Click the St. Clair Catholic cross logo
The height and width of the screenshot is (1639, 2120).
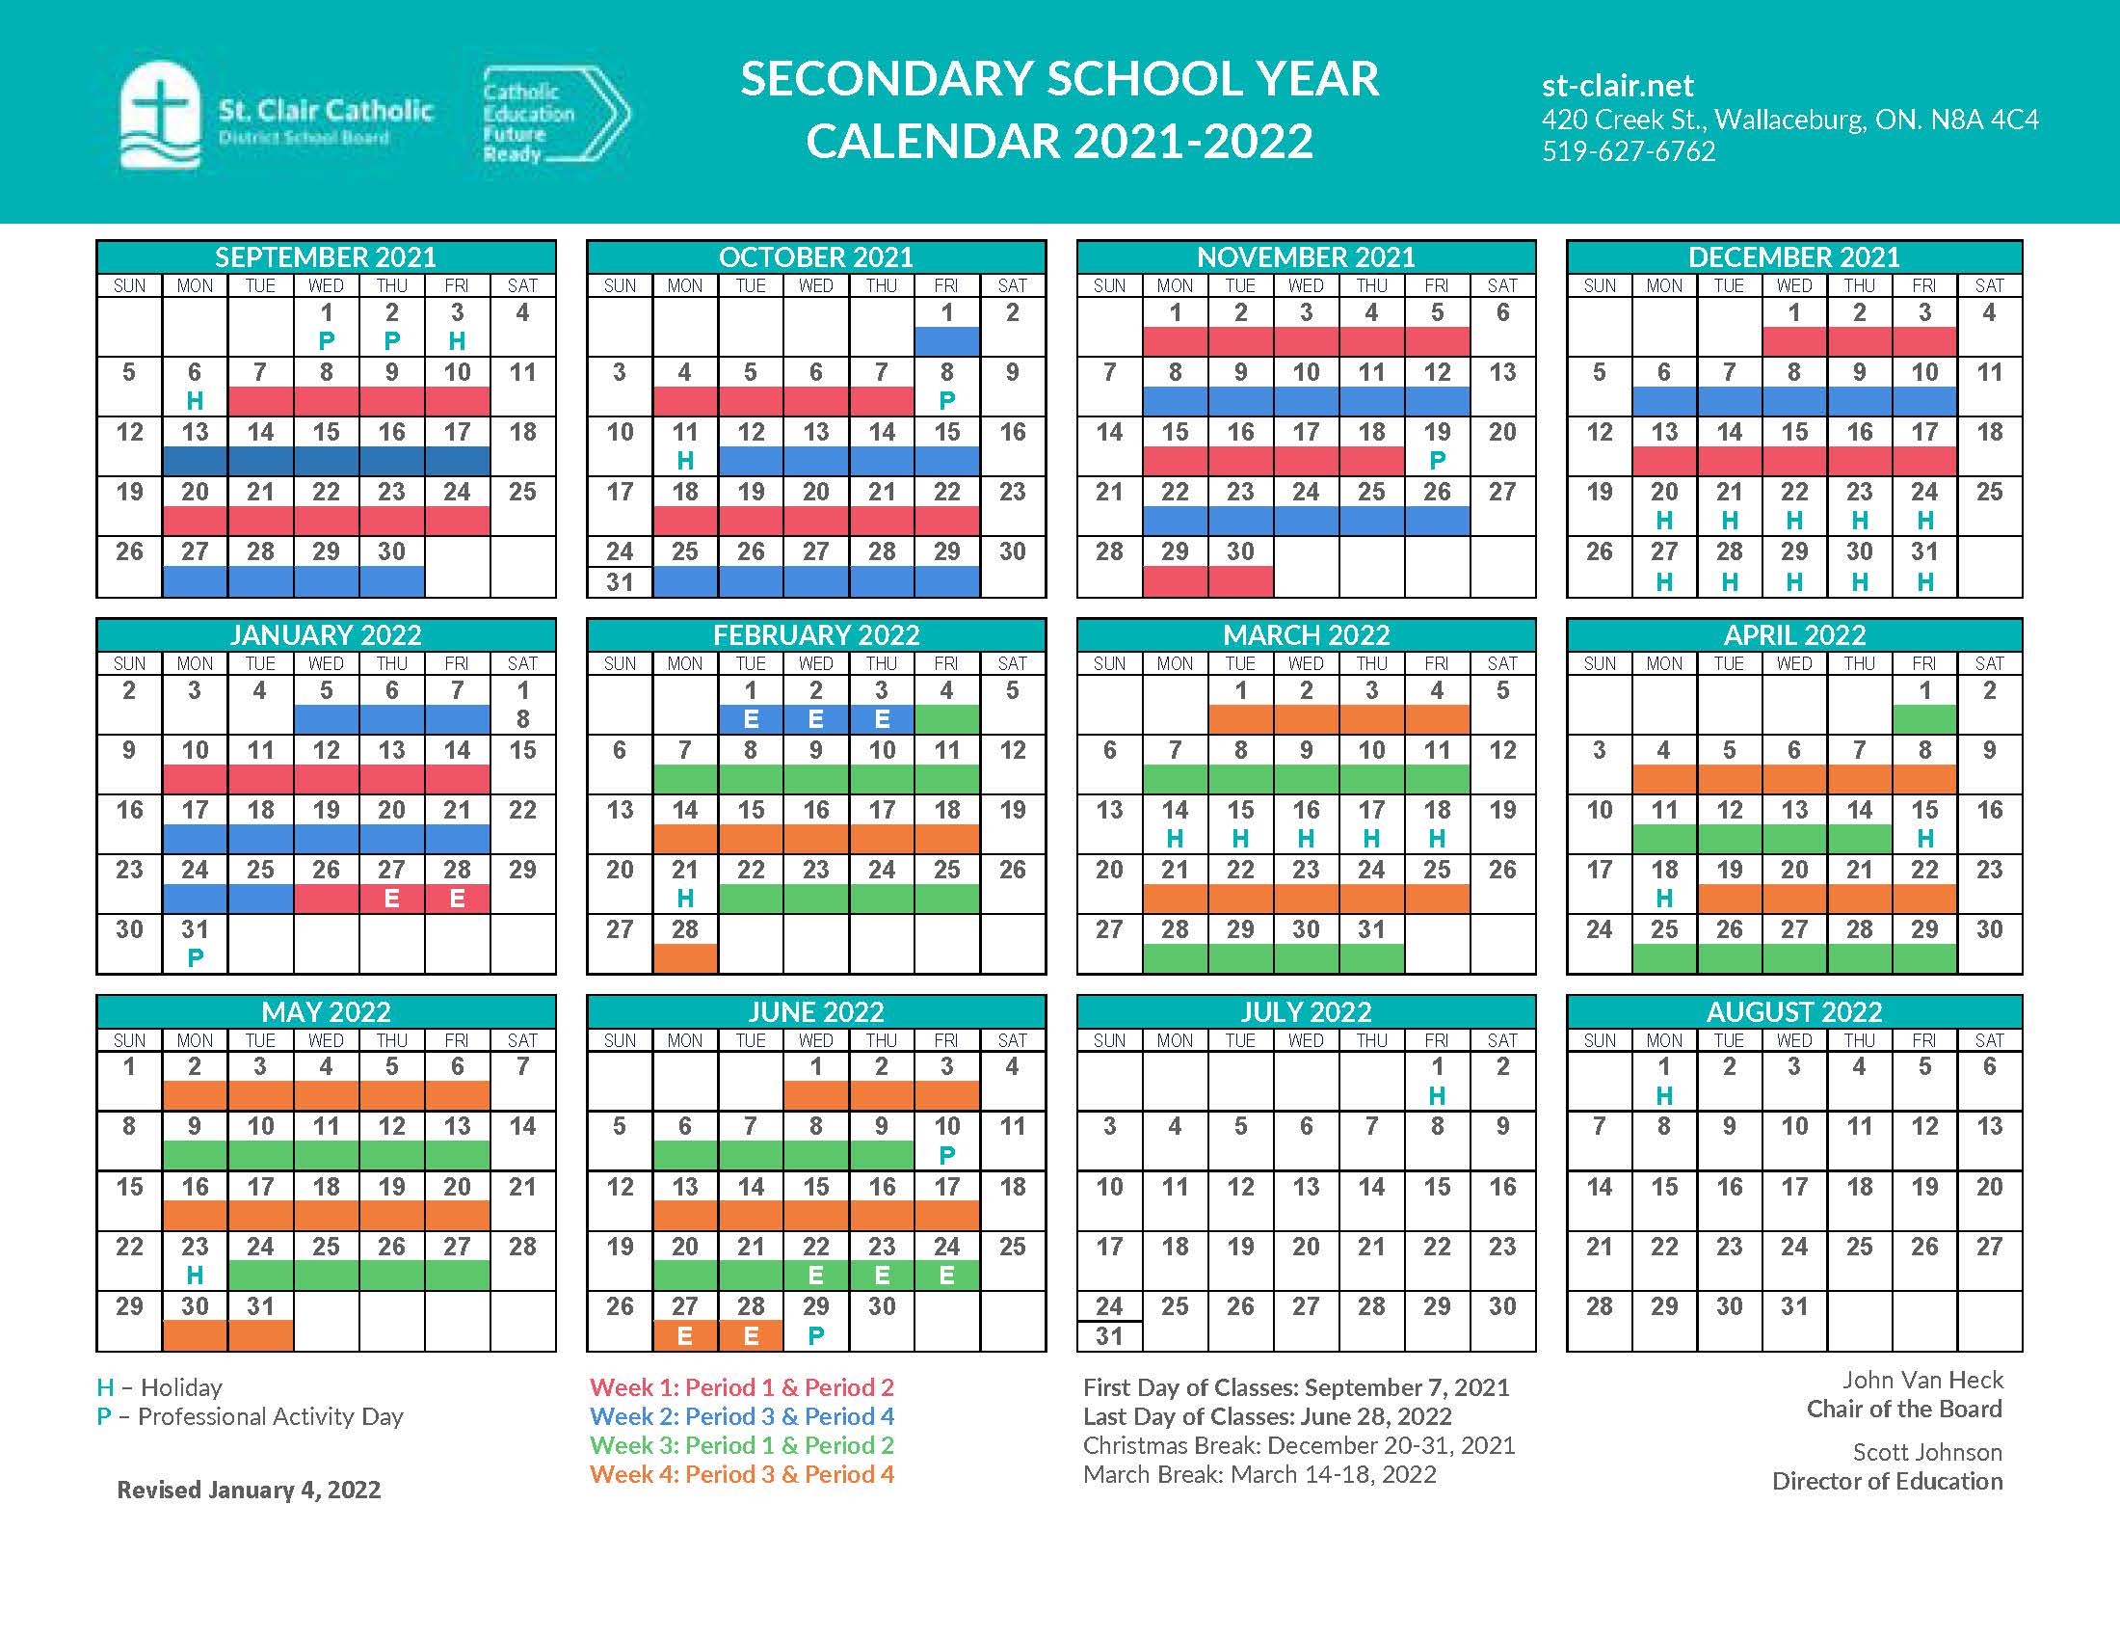pos(159,115)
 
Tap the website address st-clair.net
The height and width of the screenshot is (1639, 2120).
pos(1617,87)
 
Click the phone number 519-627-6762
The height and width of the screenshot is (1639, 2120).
pos(1628,151)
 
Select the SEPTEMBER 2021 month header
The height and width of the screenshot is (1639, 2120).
pos(325,257)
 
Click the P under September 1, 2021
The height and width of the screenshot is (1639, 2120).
pos(326,340)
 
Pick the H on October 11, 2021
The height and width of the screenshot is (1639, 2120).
pos(685,460)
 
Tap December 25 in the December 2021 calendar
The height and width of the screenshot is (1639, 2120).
pos(1989,493)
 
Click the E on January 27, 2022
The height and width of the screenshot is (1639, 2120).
pos(391,900)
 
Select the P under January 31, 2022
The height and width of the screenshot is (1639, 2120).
pos(195,958)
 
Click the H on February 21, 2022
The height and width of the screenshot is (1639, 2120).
pos(685,900)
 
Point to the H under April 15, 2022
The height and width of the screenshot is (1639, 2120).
pos(1925,838)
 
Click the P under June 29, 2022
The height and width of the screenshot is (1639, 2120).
pos(816,1335)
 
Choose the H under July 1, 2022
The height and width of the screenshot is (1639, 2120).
pos(1437,1095)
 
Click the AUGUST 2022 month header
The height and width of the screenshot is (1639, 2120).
pos(1794,1011)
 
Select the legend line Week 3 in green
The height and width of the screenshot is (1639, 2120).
pos(741,1445)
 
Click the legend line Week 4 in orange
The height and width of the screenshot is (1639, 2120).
pos(741,1474)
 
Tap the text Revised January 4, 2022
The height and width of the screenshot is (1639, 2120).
pos(249,1490)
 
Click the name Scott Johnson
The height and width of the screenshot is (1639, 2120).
pos(1927,1452)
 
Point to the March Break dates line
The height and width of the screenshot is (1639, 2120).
pos(1259,1474)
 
